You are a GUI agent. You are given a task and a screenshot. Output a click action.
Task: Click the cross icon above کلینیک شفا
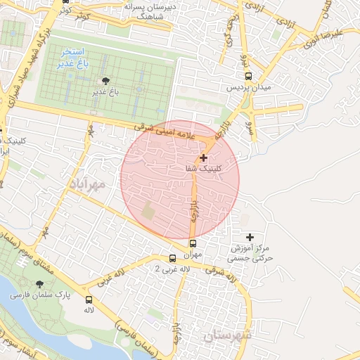click(204, 158)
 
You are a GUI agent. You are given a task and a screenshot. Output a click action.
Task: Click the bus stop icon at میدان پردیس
click(247, 77)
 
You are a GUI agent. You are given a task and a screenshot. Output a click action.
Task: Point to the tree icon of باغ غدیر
click(105, 81)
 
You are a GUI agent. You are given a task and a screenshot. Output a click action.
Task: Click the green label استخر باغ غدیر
click(72, 58)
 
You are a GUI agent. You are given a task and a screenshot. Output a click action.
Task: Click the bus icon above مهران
click(193, 244)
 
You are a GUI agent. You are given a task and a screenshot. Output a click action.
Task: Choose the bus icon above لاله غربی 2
click(174, 258)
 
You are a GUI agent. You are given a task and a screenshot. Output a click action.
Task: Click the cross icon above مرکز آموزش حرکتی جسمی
click(250, 238)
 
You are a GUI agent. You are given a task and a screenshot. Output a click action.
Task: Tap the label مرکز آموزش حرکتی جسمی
click(250, 254)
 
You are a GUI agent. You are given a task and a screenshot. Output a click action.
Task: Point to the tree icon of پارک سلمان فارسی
click(39, 284)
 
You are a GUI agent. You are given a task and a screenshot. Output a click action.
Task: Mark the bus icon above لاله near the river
click(89, 299)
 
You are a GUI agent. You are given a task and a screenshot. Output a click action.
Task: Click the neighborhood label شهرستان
click(226, 337)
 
